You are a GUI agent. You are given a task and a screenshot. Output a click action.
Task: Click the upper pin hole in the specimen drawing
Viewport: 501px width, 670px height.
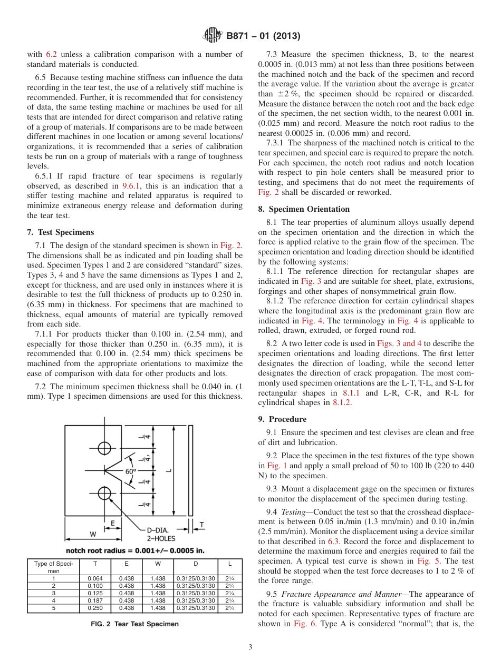(104, 448)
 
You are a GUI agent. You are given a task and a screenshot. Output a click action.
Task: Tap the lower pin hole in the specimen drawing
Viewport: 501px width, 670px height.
(104, 493)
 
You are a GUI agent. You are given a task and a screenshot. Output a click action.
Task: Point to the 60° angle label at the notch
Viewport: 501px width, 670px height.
(130, 471)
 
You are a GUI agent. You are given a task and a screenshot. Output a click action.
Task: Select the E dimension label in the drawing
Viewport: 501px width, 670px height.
(112, 523)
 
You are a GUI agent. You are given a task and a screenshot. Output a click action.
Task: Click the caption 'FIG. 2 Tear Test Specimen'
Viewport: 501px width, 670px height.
(135, 624)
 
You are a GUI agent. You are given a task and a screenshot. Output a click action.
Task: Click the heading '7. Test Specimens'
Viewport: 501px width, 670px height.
(60, 232)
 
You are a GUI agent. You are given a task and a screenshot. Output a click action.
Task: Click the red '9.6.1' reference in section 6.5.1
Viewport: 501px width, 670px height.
(130, 185)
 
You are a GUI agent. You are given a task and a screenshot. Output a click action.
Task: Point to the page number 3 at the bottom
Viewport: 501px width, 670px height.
(250, 647)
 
